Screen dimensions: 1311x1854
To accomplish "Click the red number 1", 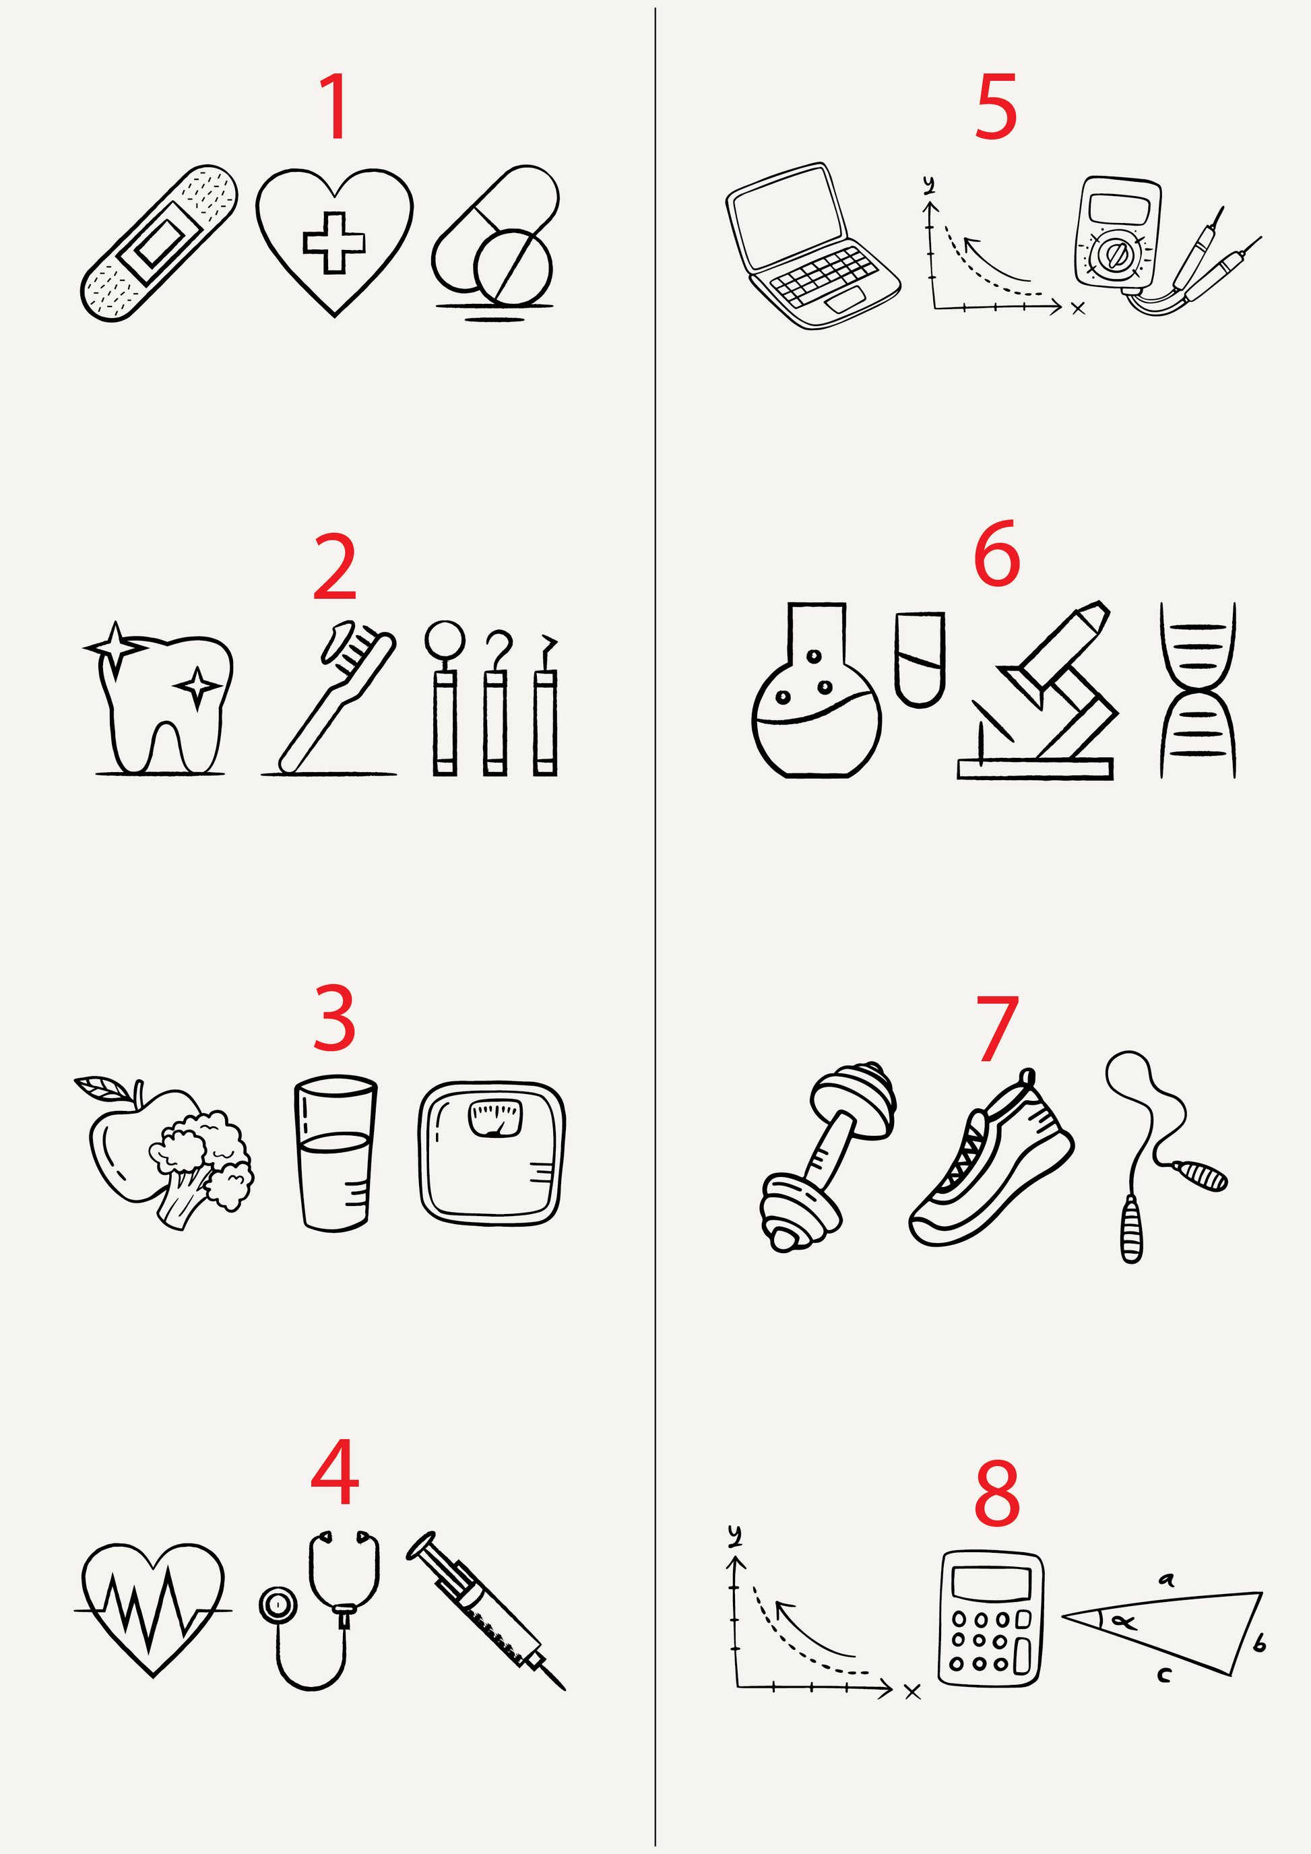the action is click(335, 106).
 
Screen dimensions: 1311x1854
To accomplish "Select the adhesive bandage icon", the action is click(159, 243).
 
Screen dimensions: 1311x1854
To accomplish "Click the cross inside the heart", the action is click(333, 241).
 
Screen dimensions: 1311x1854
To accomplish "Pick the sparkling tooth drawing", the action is click(158, 698).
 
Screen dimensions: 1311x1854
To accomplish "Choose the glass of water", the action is click(335, 1153).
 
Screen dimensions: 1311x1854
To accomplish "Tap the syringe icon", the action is click(486, 1610).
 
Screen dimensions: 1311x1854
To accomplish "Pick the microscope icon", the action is click(1038, 691).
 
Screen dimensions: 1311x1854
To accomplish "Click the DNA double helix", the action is click(1198, 691).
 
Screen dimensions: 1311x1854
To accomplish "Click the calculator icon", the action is click(990, 1618).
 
